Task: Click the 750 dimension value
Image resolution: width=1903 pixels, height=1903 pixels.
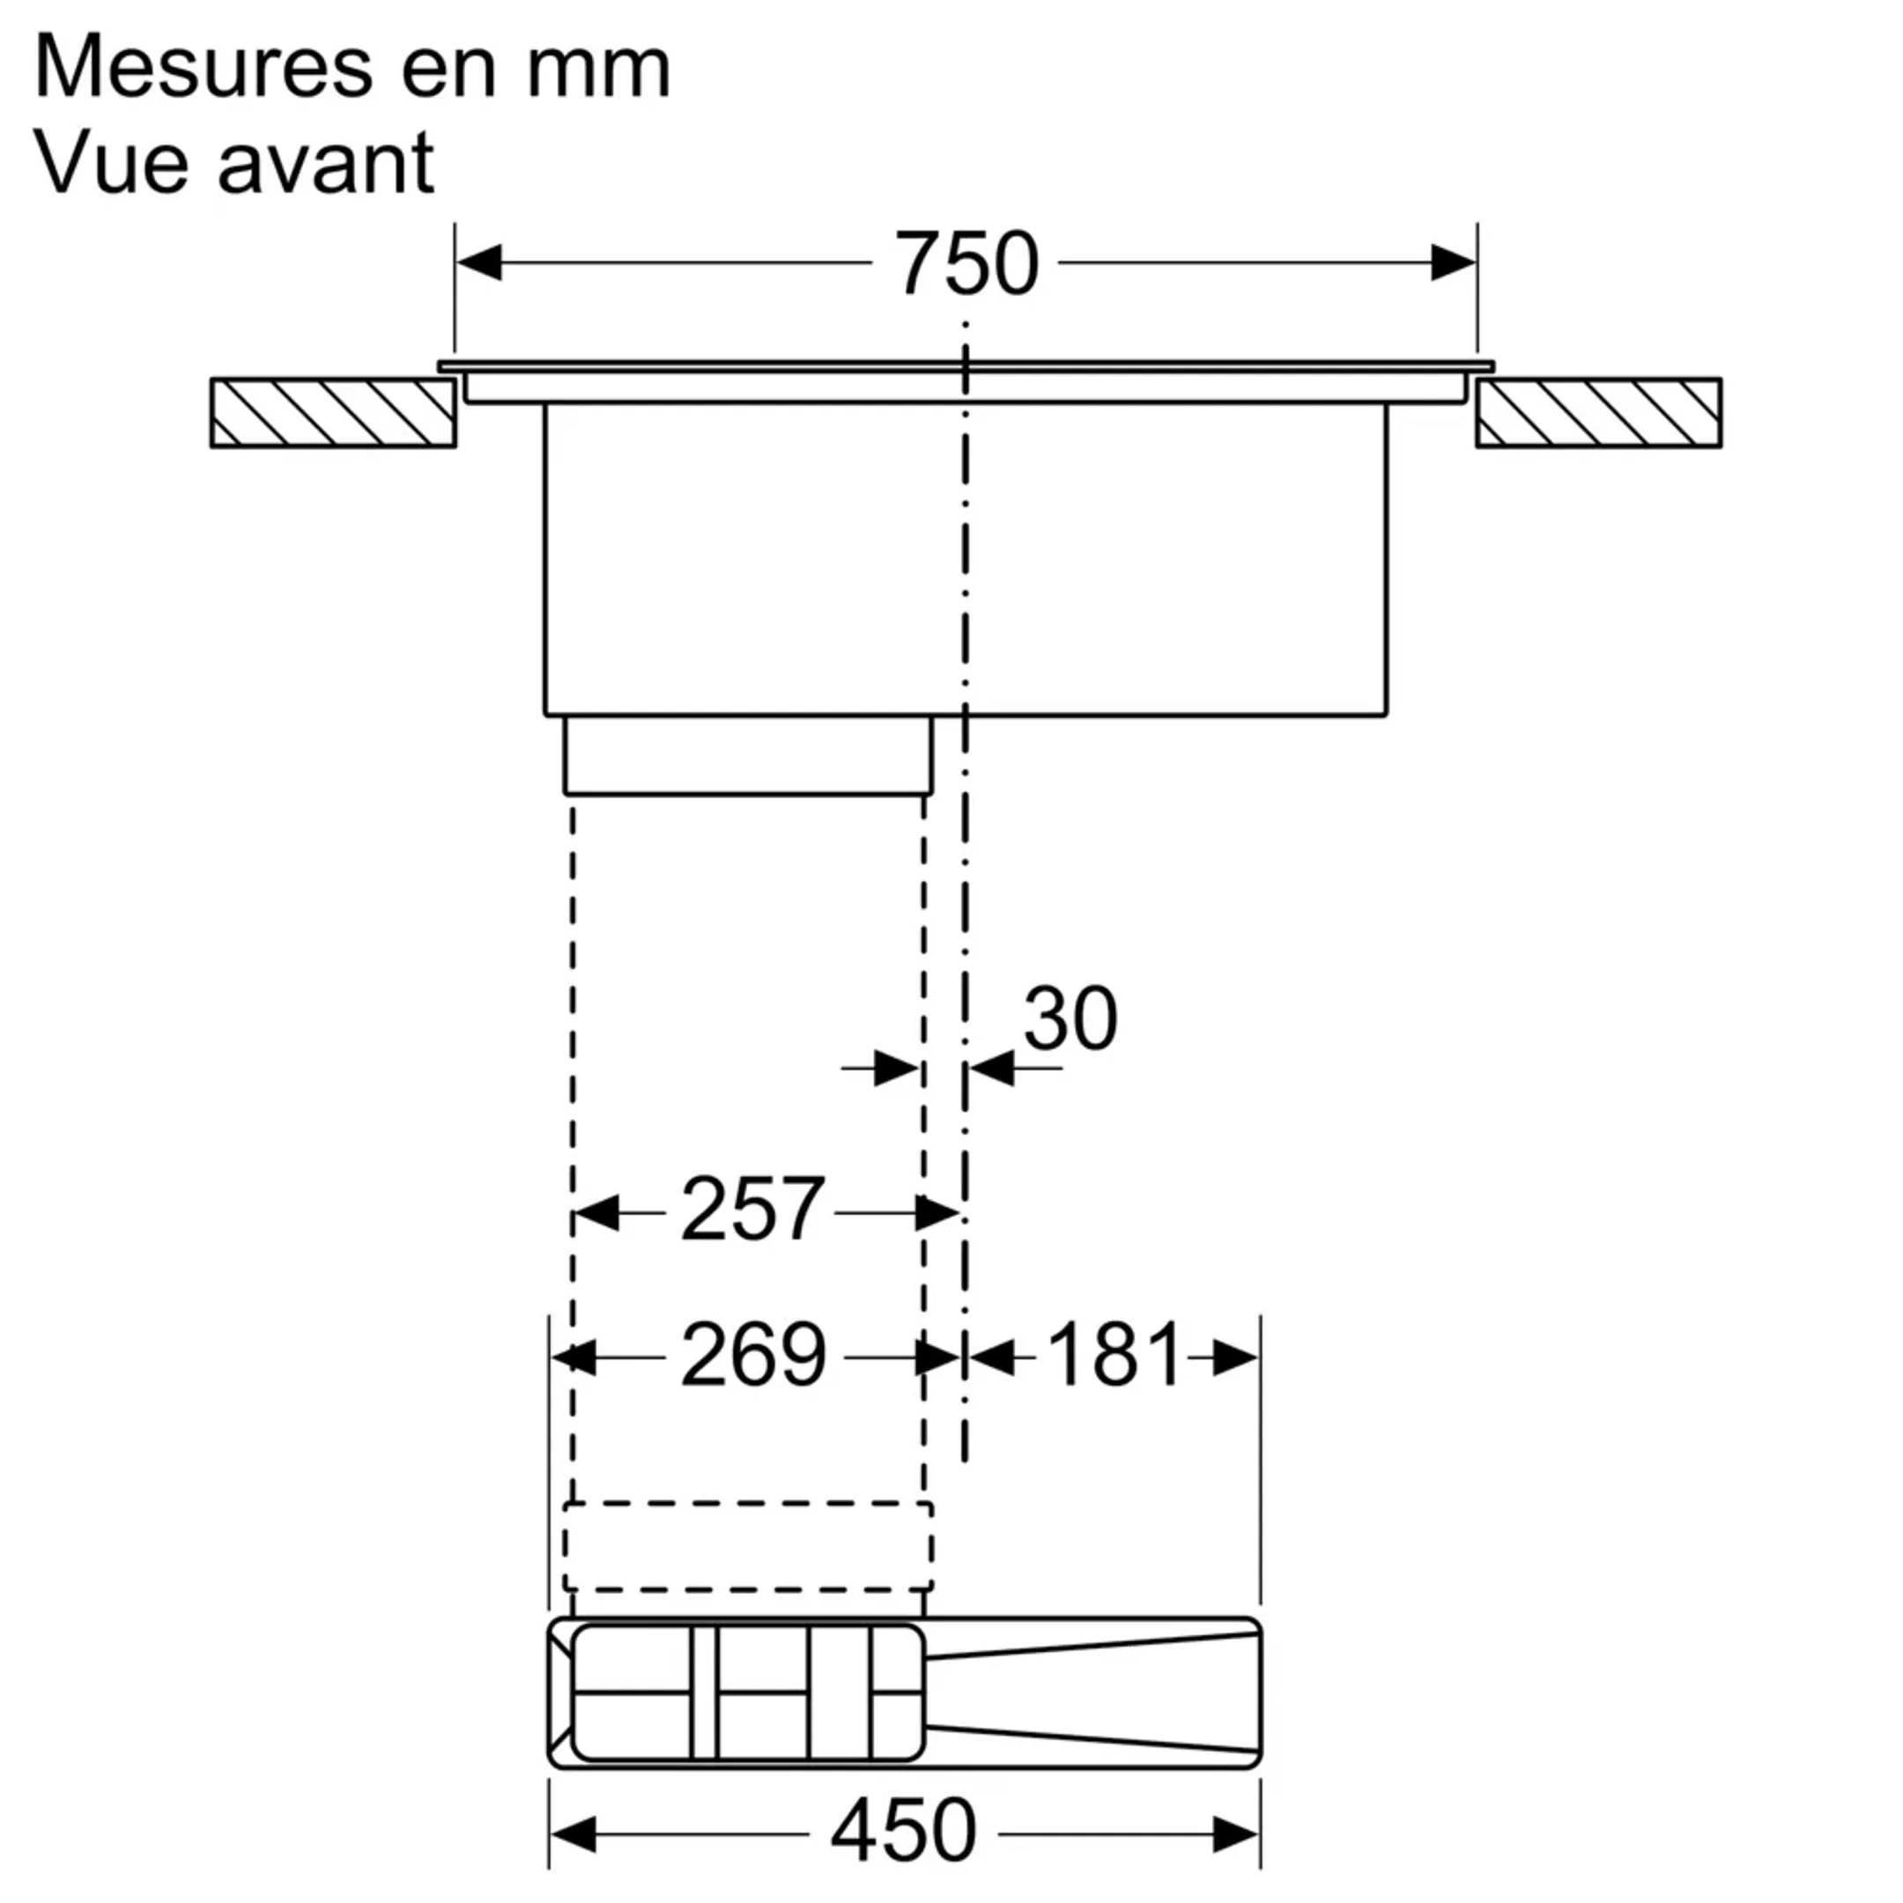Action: click(966, 264)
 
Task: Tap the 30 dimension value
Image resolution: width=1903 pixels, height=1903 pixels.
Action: click(1070, 1018)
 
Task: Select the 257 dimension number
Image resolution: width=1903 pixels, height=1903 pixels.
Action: click(752, 1210)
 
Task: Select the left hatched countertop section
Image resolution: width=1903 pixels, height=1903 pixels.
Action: click(333, 412)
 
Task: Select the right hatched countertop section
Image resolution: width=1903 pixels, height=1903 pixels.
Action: click(1597, 412)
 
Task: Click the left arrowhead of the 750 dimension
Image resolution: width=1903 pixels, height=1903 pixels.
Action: click(479, 263)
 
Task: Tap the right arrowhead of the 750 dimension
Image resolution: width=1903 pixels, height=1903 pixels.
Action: click(1453, 263)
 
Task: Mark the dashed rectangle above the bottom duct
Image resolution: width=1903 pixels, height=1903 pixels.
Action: click(748, 1545)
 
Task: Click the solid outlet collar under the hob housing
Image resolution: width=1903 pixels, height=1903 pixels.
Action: click(748, 756)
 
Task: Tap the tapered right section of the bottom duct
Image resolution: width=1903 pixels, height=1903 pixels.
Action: click(1093, 1692)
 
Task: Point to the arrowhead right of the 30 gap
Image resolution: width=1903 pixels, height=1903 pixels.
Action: click(991, 1068)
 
